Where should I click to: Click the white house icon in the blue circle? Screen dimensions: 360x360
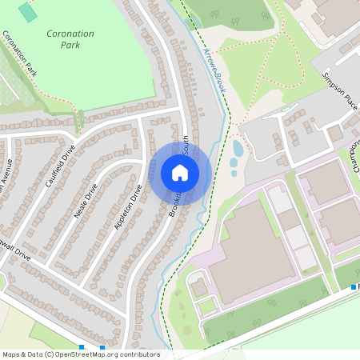click(180, 173)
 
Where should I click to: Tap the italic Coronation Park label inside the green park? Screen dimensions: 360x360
click(70, 40)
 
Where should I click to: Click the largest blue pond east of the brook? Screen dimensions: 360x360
click(238, 148)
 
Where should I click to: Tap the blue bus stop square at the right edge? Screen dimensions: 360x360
click(354, 286)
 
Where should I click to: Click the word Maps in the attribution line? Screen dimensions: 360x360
click(12, 354)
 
